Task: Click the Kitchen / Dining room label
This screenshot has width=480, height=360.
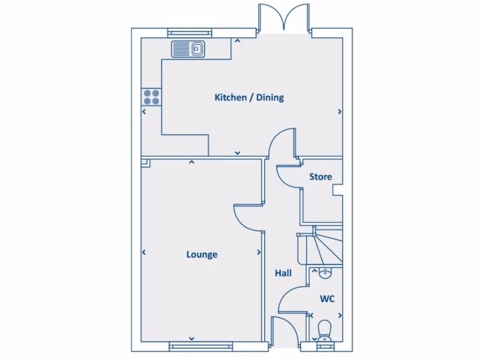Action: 249,97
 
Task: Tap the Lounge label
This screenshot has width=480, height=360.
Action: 202,255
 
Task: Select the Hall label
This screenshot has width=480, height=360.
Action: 283,273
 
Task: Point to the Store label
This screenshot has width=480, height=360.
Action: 321,177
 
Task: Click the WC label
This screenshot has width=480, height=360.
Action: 327,299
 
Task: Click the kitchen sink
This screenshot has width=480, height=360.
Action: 188,49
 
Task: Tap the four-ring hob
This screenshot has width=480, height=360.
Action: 152,97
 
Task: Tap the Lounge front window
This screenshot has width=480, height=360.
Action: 201,346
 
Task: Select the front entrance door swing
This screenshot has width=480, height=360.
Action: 285,331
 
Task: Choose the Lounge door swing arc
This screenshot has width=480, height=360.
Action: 248,217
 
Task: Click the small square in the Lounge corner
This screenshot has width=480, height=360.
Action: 145,163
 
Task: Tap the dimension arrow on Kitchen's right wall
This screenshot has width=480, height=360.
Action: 339,112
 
